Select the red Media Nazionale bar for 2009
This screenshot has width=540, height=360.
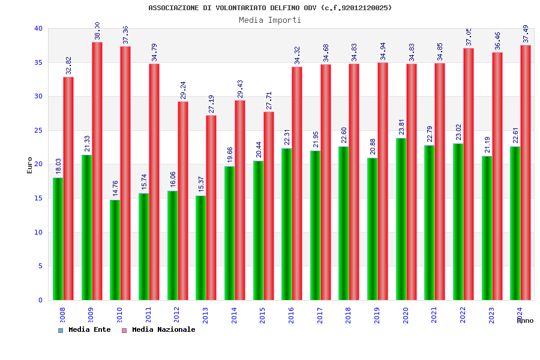97,171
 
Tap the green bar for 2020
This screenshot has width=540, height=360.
401,219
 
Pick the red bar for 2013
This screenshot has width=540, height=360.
211,208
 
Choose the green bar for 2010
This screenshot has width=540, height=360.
115,250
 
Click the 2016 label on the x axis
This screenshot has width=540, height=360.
292,314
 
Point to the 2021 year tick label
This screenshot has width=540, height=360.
434,314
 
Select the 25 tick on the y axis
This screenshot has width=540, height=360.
38,130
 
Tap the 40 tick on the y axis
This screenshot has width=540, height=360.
38,28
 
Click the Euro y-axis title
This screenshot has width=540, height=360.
30,165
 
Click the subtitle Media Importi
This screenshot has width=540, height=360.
270,20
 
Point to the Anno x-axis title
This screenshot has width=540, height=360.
525,320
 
